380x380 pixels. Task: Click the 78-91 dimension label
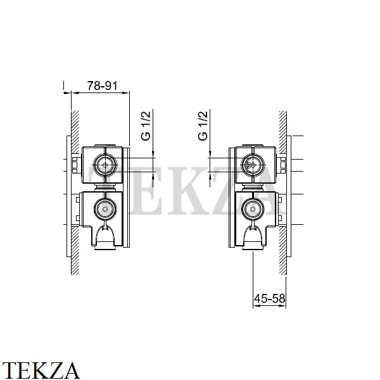(102, 85)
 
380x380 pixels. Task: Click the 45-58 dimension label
(270, 298)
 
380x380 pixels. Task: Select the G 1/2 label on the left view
(146, 126)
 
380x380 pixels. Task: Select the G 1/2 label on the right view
(203, 126)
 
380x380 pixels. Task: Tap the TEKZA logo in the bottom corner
(41, 370)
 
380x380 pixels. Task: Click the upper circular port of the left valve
(105, 165)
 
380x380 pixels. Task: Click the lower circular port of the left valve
(105, 209)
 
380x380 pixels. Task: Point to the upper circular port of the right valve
(253, 166)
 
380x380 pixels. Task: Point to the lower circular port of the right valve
(253, 209)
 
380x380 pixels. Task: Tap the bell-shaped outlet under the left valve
(105, 237)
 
